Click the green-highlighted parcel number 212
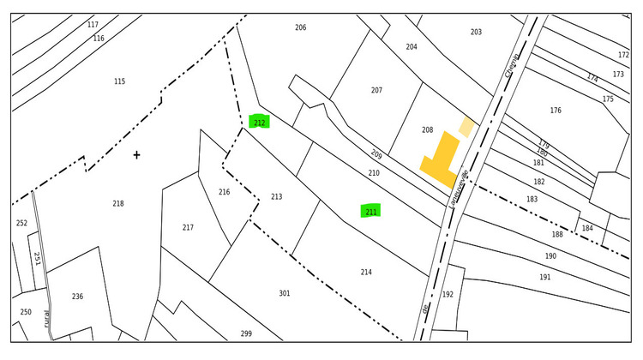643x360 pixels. (259, 122)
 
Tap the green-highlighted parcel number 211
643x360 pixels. (370, 211)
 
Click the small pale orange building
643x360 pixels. (466, 128)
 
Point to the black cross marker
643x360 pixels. (136, 155)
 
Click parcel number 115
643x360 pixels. (119, 81)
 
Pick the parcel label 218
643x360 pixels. (118, 203)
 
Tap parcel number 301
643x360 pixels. (284, 293)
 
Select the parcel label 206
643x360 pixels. (300, 27)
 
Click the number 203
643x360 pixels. (476, 32)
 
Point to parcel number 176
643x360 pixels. (556, 110)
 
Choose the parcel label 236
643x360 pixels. (77, 296)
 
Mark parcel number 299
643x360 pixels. (246, 333)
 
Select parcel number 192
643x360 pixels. (448, 294)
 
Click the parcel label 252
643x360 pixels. (21, 223)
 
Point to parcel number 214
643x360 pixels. (366, 272)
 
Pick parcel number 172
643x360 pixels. (623, 55)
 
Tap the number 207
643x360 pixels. (376, 90)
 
